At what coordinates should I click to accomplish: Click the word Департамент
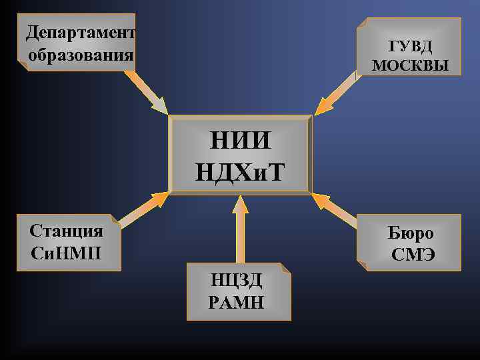tap(80, 32)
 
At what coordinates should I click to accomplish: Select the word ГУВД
tap(410, 46)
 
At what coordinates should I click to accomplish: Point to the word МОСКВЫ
tap(410, 65)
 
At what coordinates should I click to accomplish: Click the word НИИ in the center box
tap(240, 142)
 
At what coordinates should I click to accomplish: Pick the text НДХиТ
tap(240, 172)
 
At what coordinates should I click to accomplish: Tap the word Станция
tap(67, 231)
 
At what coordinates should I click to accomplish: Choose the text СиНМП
tap(67, 253)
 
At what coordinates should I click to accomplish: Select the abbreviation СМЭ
tap(413, 255)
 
